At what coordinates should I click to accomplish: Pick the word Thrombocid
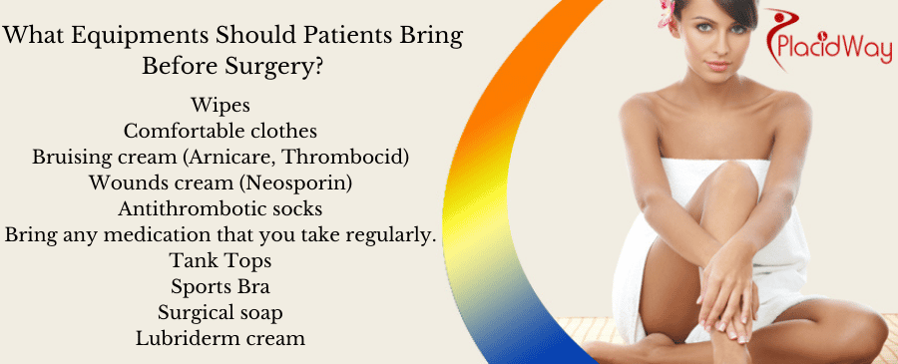355,157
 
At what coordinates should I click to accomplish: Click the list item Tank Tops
220,261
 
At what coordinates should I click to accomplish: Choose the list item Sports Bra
220,287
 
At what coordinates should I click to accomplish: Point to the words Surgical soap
220,313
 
